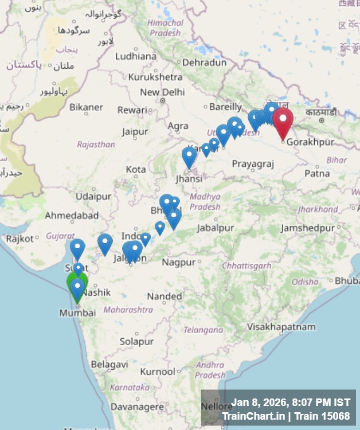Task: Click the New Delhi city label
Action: [x=162, y=92]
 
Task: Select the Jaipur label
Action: [x=135, y=132]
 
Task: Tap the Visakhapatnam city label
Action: [x=281, y=327]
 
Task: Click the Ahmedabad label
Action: [x=72, y=216]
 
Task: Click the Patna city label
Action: [x=317, y=173]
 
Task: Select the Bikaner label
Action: [x=86, y=107]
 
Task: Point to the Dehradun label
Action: [x=205, y=62]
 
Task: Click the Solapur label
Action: [x=137, y=341]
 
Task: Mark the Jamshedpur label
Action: [x=307, y=228]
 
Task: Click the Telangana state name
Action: [x=204, y=330]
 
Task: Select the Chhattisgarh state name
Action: [x=246, y=265]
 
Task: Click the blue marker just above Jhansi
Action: [x=189, y=156]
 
